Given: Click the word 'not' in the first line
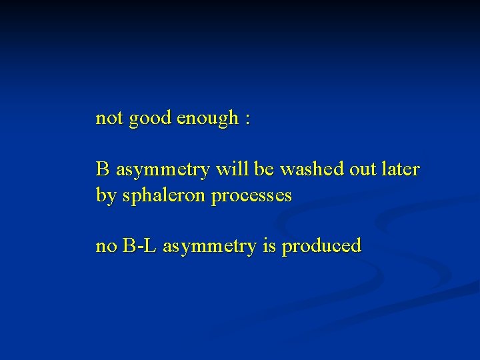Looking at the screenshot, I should [109, 119].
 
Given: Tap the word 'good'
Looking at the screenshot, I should [150, 119].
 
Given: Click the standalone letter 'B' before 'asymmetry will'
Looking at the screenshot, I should [103, 169].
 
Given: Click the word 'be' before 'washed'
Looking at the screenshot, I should [264, 169].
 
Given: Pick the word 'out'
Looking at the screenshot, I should [363, 170].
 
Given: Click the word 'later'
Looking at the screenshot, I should [401, 169].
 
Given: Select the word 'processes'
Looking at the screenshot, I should [251, 197].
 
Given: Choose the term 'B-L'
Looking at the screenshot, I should [139, 245].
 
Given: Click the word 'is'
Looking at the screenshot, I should [270, 245].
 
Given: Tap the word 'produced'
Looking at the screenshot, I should [322, 247].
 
